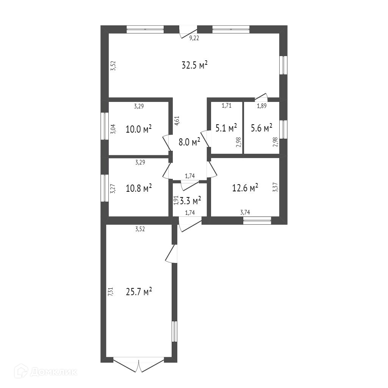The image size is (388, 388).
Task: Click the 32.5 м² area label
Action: pos(194,65)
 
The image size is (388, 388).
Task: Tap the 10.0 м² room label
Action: pos(139,129)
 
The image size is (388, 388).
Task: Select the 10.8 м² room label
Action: pos(139,188)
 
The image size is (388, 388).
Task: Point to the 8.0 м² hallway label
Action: pos(189,142)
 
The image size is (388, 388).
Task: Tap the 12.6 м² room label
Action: pos(245,188)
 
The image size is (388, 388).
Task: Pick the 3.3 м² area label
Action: pos(190,200)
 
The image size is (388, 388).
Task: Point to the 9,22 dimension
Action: pos(194,38)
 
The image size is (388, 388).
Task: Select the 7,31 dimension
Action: pos(110,292)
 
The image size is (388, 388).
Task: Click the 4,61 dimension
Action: pos(177,120)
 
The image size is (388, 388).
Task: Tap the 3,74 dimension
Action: pos(245,213)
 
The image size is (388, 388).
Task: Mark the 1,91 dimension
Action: pos(175,200)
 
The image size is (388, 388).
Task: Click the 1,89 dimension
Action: pos(262,106)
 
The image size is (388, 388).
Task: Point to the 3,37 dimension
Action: pos(275,188)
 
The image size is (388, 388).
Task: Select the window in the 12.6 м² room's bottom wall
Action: pos(257,220)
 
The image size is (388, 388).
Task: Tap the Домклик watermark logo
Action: pos(46,372)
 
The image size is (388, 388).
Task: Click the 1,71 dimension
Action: pos(227,106)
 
